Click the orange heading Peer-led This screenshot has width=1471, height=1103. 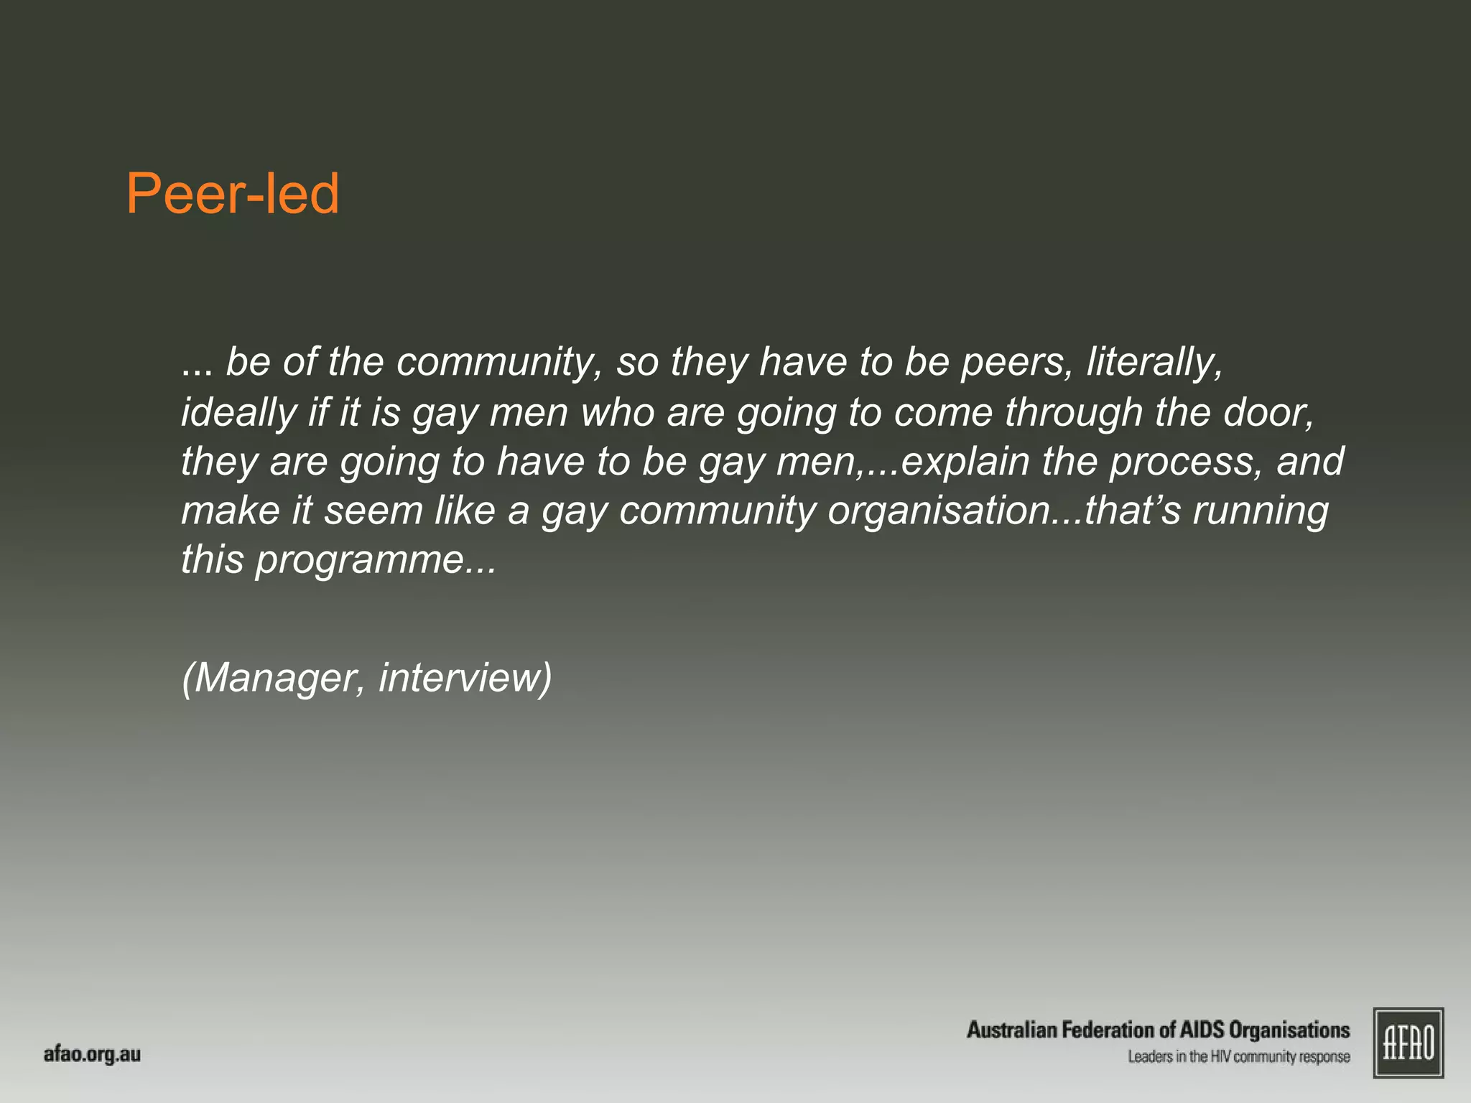point(232,194)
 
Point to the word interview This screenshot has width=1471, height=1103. point(460,676)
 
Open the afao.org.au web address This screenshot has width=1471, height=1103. point(92,1054)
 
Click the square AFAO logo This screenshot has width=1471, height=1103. point(1408,1043)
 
